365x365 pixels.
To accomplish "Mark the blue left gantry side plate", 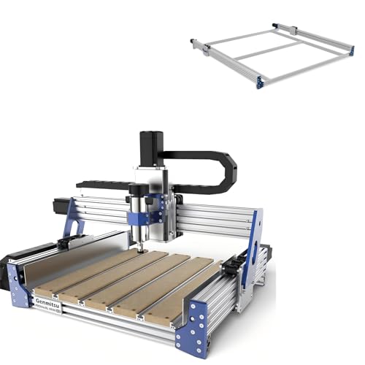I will click(69, 219).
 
